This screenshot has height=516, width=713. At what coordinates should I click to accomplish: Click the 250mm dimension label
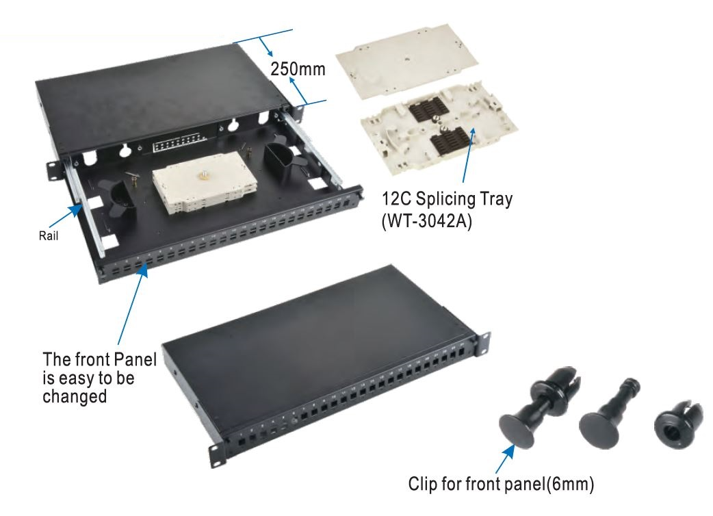point(298,69)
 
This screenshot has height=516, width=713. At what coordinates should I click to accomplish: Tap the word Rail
point(48,236)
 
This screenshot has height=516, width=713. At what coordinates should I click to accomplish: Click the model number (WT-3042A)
point(427,220)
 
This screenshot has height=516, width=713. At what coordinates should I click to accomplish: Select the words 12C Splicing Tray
point(447,199)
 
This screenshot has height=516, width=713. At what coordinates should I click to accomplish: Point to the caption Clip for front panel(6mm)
point(501,484)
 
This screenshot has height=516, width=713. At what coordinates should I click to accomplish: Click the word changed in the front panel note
point(75,396)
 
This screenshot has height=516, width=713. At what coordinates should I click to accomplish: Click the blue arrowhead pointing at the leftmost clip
point(508,452)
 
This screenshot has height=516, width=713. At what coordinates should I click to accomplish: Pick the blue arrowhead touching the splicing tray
point(473,133)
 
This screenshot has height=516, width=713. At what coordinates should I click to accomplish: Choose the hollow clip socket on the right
point(677,424)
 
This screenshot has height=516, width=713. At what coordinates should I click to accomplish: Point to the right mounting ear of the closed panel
point(484,341)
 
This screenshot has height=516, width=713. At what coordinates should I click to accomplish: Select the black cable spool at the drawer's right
point(281,159)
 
